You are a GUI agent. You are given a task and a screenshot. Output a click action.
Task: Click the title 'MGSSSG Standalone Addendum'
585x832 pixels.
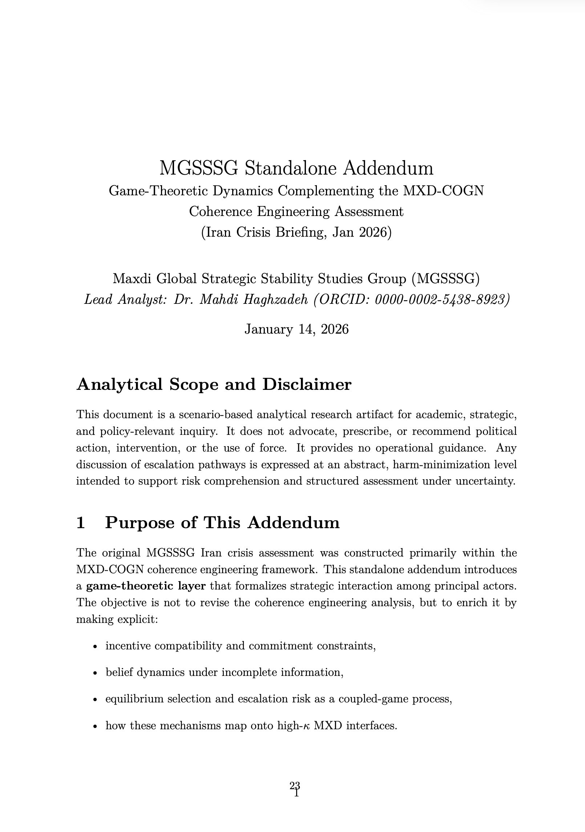(296, 168)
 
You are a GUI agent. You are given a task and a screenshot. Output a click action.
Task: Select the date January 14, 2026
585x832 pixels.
(296, 329)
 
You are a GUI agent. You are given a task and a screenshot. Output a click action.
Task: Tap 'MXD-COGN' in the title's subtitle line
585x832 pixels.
(443, 191)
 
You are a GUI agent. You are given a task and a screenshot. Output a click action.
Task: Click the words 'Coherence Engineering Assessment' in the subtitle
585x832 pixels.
(296, 212)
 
